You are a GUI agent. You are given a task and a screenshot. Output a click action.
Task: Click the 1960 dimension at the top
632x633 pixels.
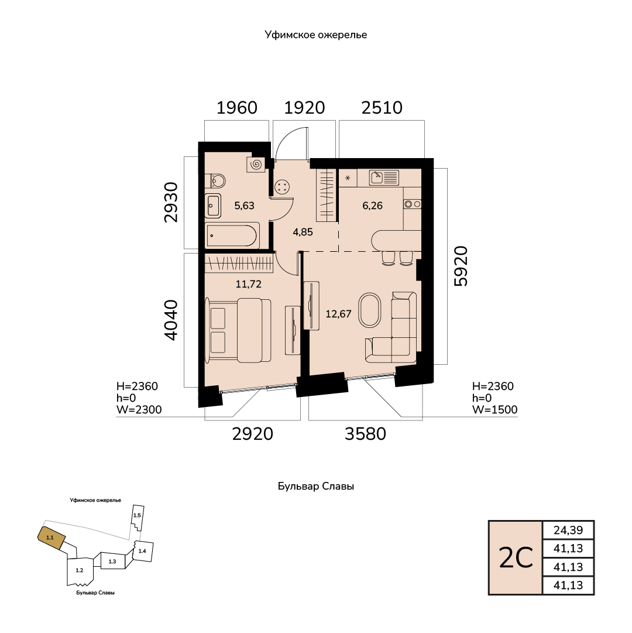point(237,108)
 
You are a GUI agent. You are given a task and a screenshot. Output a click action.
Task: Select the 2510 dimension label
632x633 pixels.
point(382,108)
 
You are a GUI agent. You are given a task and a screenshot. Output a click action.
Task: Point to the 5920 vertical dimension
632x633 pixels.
point(461,266)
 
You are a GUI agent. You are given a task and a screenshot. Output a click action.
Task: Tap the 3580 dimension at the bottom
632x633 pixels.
point(365,434)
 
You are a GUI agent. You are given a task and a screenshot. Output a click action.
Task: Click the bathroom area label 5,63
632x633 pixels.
point(245,206)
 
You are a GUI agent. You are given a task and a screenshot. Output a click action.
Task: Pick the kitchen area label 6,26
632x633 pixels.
point(372,206)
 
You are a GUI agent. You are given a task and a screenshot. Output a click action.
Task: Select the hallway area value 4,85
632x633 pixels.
point(303,232)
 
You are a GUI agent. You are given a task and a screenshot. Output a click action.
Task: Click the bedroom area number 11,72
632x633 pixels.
point(249,284)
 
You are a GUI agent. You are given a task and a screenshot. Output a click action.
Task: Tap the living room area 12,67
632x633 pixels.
point(338,314)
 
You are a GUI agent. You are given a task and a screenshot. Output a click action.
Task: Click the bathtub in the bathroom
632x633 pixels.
point(232,236)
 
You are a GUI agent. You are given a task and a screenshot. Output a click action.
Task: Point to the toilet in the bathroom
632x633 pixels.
point(215,181)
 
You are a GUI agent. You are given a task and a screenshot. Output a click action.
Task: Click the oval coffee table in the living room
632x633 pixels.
point(369,310)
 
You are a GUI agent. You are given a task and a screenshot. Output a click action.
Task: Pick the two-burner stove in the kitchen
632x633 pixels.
point(412,204)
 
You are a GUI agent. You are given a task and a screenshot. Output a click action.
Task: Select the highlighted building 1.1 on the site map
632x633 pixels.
point(51,538)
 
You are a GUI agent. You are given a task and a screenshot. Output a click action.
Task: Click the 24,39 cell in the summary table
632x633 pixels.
point(568,530)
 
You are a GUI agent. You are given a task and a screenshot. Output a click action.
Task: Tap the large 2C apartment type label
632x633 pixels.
point(516,558)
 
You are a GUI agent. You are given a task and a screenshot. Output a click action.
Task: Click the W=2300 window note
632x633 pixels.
point(139,410)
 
